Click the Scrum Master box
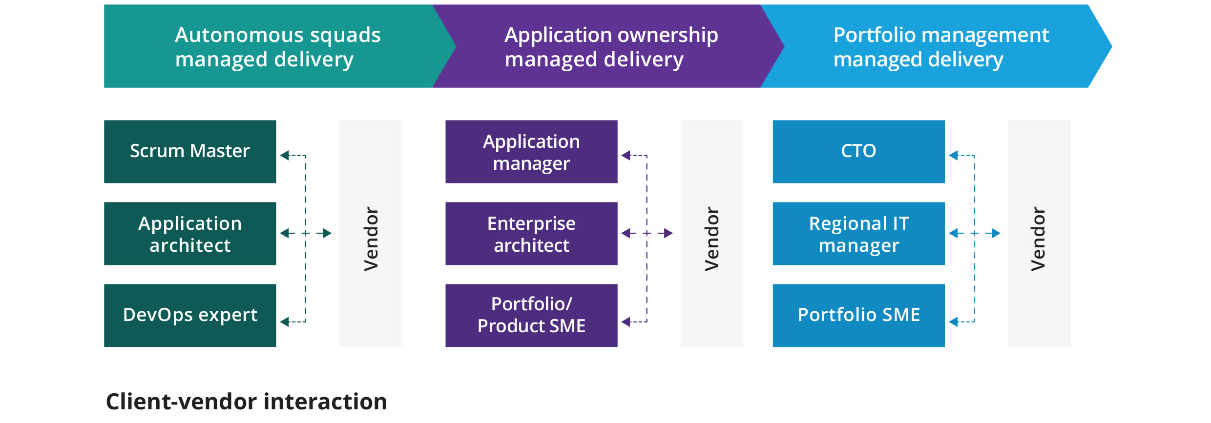[x=190, y=152]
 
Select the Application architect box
[x=190, y=234]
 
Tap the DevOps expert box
[x=190, y=316]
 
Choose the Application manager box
[x=531, y=152]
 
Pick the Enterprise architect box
[x=531, y=234]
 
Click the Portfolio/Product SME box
[x=531, y=316]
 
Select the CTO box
[x=858, y=152]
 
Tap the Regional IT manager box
[x=858, y=234]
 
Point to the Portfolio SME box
[x=858, y=316]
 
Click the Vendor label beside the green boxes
[x=371, y=239]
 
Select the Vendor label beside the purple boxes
[x=712, y=239]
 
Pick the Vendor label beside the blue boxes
[x=1039, y=239]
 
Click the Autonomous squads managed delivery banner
[x=277, y=47]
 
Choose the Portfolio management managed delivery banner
[x=940, y=47]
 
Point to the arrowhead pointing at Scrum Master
[x=284, y=156]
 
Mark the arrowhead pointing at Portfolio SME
[x=953, y=322]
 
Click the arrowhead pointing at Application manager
[x=626, y=156]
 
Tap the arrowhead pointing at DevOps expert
[x=284, y=322]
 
